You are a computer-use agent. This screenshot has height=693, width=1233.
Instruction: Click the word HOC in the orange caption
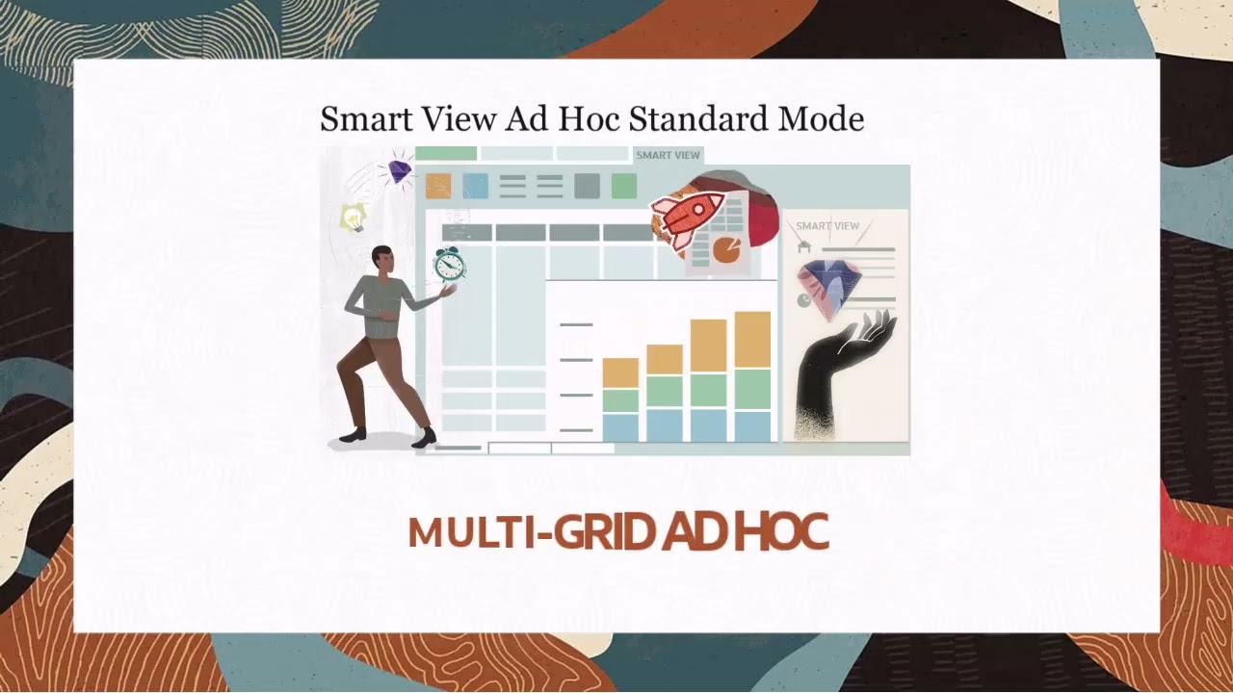[781, 532]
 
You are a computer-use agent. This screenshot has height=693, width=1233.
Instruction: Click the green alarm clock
[448, 263]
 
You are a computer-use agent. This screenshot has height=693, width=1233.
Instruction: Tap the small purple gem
[399, 172]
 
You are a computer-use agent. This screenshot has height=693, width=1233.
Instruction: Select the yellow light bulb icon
[354, 218]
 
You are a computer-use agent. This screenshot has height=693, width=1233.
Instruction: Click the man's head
[382, 259]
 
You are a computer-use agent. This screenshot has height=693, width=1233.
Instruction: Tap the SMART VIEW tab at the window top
[668, 155]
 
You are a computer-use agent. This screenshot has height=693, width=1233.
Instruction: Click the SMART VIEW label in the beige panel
[827, 226]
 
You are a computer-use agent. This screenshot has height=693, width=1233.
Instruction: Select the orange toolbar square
[438, 186]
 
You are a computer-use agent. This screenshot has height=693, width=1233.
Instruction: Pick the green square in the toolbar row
[624, 186]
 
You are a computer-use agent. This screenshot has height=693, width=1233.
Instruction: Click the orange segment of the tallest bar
[752, 340]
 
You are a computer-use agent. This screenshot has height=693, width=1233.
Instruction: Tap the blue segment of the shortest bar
[620, 426]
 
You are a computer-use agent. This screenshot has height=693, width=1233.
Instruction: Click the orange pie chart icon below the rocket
[726, 250]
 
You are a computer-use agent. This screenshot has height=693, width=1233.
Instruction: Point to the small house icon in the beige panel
[804, 246]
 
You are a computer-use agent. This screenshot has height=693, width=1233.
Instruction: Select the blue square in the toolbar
[476, 186]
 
